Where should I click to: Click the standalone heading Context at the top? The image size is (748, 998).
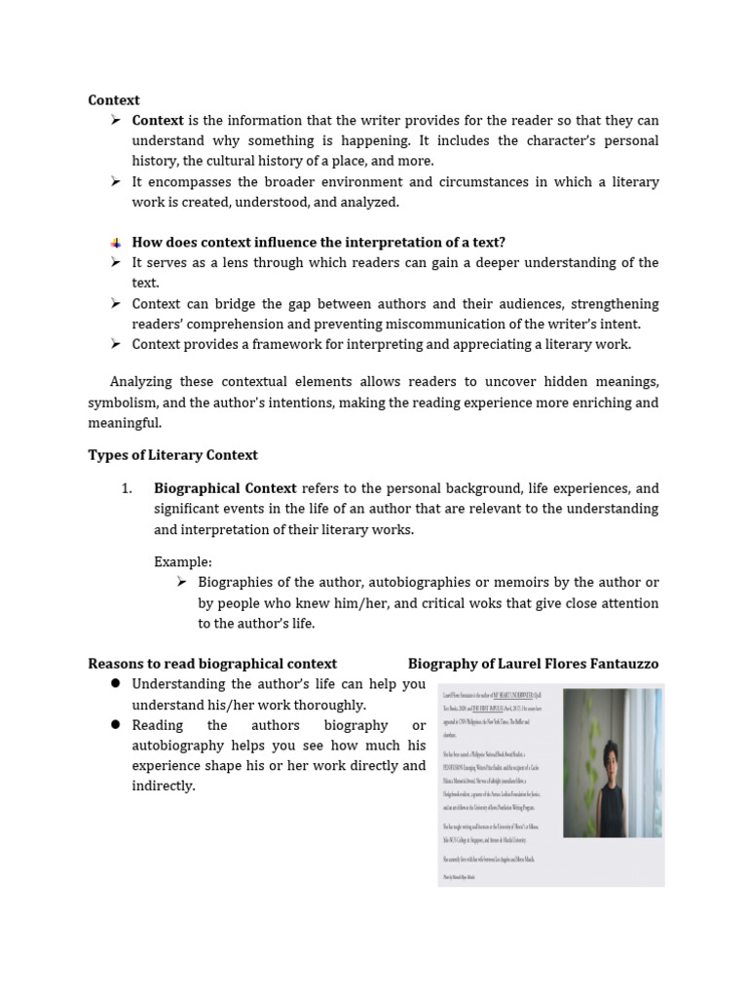point(114,99)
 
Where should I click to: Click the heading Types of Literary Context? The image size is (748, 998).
point(172,455)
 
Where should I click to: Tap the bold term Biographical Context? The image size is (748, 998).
point(225,488)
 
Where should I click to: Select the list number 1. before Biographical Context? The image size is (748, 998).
point(127,488)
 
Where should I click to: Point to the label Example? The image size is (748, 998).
point(182,561)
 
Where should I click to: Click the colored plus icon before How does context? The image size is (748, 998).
point(115,243)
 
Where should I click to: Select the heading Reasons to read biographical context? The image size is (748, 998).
point(212,664)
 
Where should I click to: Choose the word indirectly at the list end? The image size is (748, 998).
point(164,786)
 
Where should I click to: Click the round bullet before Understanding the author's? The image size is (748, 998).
point(115,684)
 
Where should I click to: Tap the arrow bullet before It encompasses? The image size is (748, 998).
point(115,181)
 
